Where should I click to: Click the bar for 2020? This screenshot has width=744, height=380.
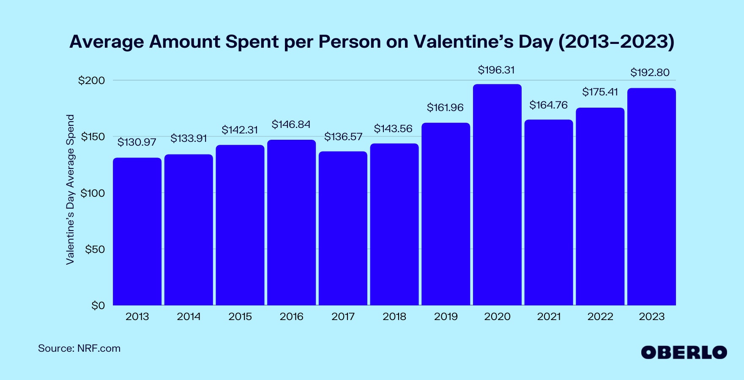tap(497, 194)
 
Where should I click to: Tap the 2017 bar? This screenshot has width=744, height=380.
tap(343, 228)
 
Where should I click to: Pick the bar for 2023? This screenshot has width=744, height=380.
tap(651, 196)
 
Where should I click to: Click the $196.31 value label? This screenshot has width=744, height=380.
tap(496, 70)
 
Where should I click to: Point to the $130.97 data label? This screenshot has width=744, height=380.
tap(137, 142)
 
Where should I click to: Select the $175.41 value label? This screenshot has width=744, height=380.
tap(600, 92)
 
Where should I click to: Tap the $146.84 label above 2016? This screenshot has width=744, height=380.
tap(291, 125)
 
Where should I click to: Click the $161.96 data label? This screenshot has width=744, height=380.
tap(445, 108)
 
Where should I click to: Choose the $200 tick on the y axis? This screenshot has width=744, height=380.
tap(91, 81)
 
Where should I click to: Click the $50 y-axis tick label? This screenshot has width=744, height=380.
tap(95, 250)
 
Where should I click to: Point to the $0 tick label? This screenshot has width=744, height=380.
tap(98, 306)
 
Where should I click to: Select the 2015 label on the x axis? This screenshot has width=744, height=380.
tap(240, 317)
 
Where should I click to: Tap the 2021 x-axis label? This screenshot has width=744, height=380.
tap(549, 317)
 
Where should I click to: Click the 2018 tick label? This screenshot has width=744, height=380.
tap(394, 317)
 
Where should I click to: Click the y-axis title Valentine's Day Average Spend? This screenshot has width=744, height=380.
tap(70, 190)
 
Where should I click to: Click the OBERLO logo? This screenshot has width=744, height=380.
tap(684, 353)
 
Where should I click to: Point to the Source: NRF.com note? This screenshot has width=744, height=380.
tap(79, 349)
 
